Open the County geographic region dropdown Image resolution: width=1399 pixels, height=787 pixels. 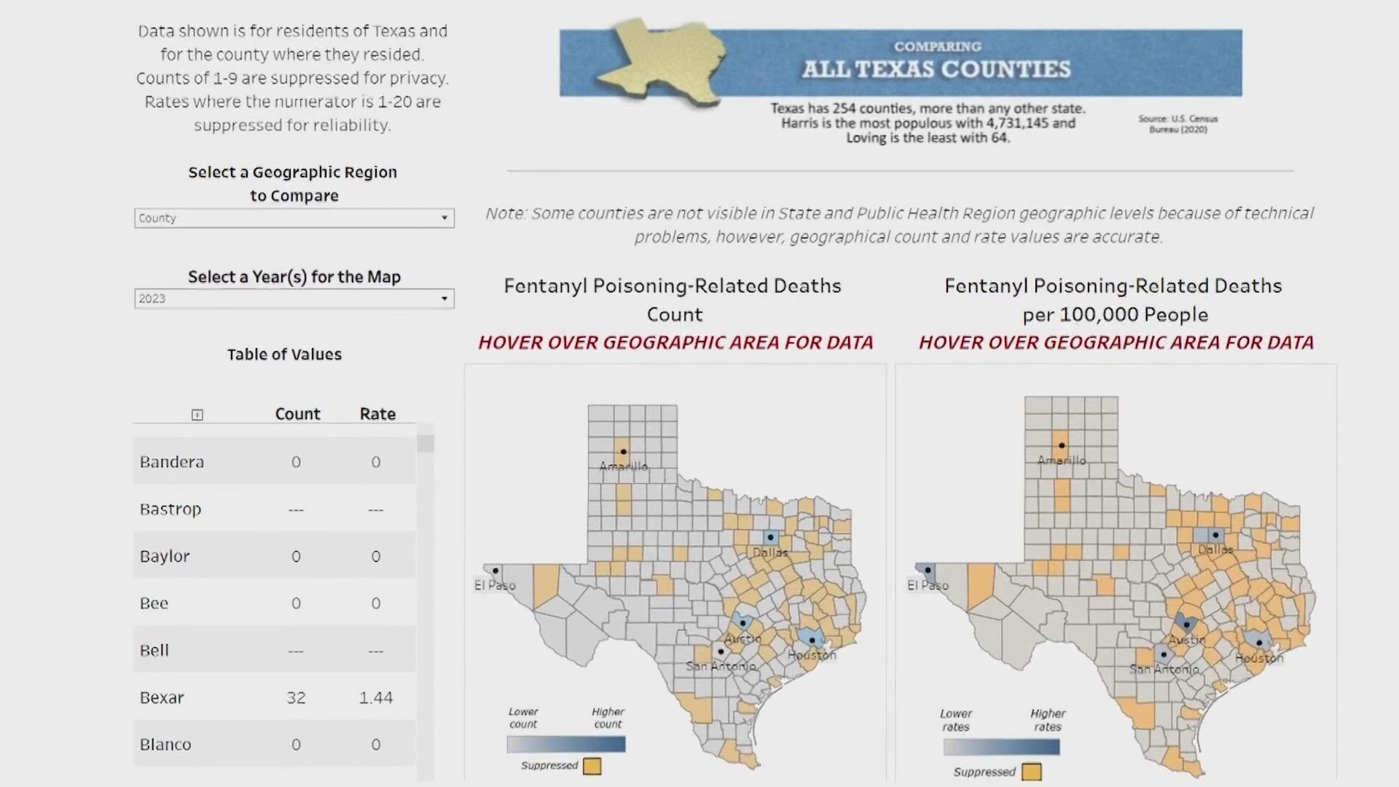coord(294,218)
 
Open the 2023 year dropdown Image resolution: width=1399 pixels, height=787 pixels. coord(294,299)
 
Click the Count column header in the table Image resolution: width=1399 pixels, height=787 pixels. coord(297,414)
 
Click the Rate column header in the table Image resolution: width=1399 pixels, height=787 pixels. coord(377,414)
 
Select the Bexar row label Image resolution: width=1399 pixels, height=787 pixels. coord(162,697)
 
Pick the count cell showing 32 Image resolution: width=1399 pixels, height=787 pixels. coord(296,697)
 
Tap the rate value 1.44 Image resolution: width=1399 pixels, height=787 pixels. coord(376,697)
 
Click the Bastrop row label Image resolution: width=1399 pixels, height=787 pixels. coord(171,509)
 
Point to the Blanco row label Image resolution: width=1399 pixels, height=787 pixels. coord(165,745)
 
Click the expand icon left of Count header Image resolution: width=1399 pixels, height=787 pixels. coord(197,415)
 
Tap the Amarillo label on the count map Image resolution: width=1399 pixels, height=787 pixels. coord(623,466)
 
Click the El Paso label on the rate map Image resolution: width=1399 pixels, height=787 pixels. coord(928,585)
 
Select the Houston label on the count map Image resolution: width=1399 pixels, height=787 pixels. coord(812,655)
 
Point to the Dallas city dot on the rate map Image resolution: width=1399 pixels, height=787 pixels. coord(1215,536)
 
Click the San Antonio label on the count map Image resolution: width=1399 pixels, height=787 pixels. coord(721,666)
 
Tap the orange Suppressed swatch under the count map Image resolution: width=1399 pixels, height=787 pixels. coord(592,766)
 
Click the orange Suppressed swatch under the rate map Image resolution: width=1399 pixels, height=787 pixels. coord(1031,772)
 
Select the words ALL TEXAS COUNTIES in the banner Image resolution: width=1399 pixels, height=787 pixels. coord(936,69)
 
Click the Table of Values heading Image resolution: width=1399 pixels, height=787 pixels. coord(284,355)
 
